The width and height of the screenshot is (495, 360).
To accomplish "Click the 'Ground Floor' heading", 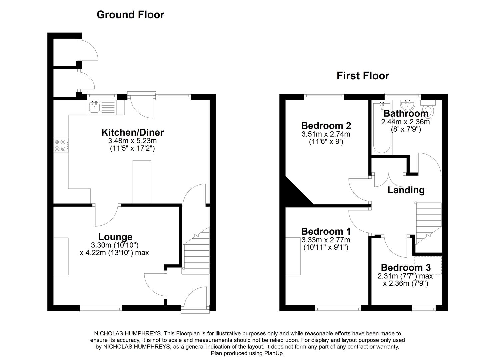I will pyautogui.click(x=130, y=15).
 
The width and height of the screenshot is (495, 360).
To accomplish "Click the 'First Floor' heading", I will pyautogui.click(x=363, y=76).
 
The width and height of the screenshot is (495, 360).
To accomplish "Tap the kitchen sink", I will pyautogui.click(x=95, y=107).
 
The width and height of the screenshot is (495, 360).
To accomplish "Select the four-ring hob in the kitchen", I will pyautogui.click(x=61, y=146).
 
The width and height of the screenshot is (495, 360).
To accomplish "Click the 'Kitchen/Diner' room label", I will pyautogui.click(x=132, y=132).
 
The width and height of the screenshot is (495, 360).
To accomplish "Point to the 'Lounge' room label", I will pyautogui.click(x=115, y=237).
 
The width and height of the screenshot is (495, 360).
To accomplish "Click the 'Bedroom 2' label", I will pyautogui.click(x=326, y=126).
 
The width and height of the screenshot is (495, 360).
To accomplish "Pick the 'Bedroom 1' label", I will pyautogui.click(x=326, y=231).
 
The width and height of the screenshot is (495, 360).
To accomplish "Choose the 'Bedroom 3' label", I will pyautogui.click(x=405, y=267).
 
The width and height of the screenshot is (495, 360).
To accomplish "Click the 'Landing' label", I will pyautogui.click(x=406, y=190).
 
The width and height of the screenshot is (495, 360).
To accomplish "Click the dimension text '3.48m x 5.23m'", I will pyautogui.click(x=132, y=141).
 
